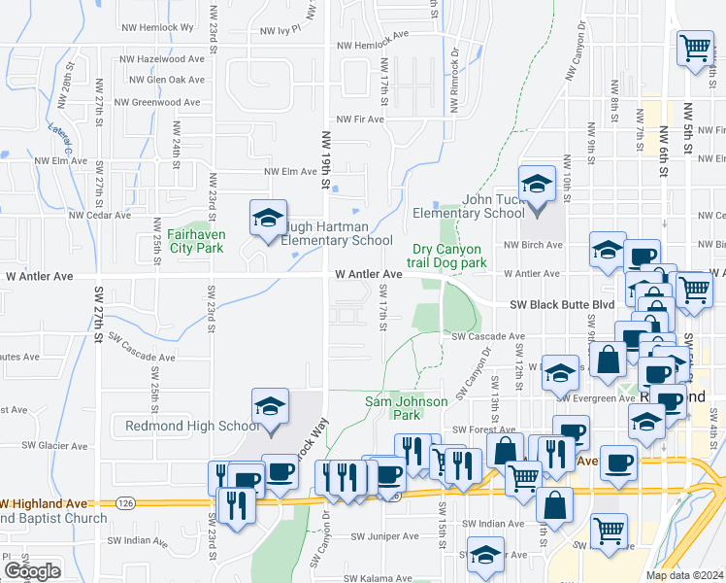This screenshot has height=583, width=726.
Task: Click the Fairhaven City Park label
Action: (195, 241)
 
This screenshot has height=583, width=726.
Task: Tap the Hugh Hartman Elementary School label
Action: (337, 234)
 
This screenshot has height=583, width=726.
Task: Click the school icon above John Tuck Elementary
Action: (536, 183)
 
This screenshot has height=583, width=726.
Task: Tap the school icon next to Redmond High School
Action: (271, 408)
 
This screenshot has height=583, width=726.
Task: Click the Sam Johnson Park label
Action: (406, 408)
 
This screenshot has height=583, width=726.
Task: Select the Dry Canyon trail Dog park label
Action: (449, 256)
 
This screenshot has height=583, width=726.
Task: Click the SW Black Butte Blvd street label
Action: (563, 304)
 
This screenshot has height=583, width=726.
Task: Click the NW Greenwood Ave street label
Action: (157, 102)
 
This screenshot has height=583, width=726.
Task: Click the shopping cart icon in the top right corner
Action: (695, 48)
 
